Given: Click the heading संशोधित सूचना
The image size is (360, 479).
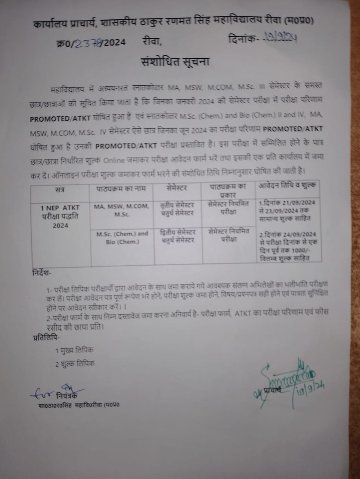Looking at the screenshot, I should point(175,61).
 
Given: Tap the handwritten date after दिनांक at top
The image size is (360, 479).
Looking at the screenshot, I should point(280,38).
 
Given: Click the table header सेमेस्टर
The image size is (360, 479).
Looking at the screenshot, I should point(177,187).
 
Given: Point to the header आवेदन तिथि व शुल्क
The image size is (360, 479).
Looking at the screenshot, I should point(287,185).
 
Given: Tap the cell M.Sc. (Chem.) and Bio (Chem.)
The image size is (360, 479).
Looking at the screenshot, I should point(122,238).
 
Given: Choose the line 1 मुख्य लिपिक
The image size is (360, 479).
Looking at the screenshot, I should point(74,351).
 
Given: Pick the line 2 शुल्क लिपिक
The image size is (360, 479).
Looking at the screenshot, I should point(75,363).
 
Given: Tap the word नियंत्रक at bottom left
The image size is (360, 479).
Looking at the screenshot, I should point(68,396).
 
